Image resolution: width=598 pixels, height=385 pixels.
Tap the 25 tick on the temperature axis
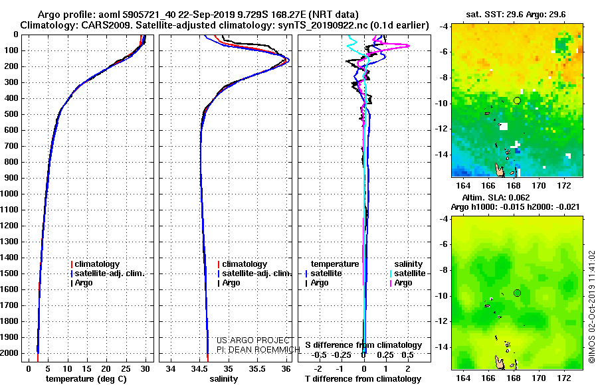(x=126, y=368)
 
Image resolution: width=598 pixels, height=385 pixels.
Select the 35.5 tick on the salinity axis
(x=257, y=368)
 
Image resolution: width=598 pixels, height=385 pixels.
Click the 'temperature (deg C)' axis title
(x=86, y=379)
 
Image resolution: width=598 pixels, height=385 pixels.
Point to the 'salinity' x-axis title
(x=223, y=379)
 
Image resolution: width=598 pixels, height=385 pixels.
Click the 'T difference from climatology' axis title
(x=363, y=379)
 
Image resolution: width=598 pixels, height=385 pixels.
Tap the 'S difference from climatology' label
(x=363, y=345)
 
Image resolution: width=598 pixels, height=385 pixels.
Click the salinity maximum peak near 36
(x=288, y=60)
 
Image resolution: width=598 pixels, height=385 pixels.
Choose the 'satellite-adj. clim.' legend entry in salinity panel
(x=254, y=273)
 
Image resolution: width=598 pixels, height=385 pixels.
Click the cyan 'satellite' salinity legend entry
(x=408, y=273)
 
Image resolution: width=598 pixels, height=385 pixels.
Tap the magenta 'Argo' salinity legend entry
(x=401, y=283)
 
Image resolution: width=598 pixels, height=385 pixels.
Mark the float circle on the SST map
(x=517, y=101)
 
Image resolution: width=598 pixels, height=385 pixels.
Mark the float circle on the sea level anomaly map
(x=517, y=293)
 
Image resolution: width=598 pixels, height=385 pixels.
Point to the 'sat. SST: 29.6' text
(x=494, y=15)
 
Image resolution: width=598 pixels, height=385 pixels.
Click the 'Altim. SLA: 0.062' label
(x=496, y=197)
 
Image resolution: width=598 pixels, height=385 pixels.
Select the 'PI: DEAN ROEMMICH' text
(x=258, y=350)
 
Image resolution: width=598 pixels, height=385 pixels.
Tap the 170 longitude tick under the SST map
(x=538, y=185)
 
